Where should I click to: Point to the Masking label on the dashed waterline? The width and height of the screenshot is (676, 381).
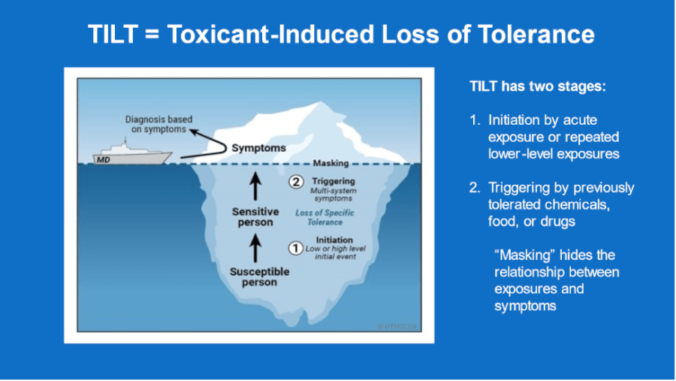click(x=330, y=163)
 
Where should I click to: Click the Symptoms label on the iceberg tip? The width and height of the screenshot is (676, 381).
click(x=258, y=148)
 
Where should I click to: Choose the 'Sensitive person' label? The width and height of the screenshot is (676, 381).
click(x=255, y=217)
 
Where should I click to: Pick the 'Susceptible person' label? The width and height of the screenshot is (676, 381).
click(x=255, y=277)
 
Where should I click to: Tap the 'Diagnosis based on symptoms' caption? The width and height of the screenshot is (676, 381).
click(x=155, y=124)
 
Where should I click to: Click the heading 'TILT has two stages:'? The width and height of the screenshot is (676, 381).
click(x=537, y=86)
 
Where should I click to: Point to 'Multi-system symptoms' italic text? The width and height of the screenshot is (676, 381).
click(x=334, y=195)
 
